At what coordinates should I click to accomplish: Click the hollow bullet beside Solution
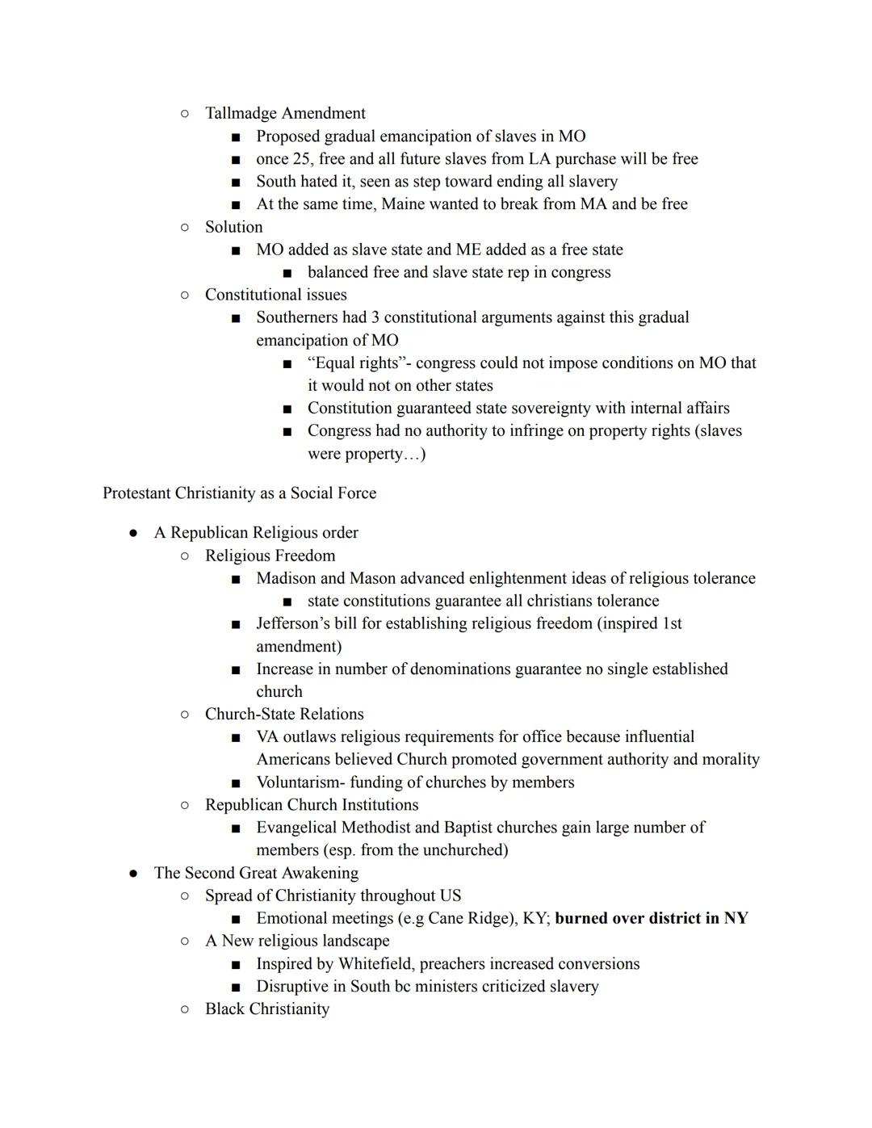[185, 227]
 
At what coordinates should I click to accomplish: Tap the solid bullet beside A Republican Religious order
[133, 533]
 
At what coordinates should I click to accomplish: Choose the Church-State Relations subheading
[284, 715]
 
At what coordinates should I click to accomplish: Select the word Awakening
[317, 873]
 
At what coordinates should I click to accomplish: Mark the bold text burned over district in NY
[651, 919]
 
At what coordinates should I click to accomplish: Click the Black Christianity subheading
[267, 1009]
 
